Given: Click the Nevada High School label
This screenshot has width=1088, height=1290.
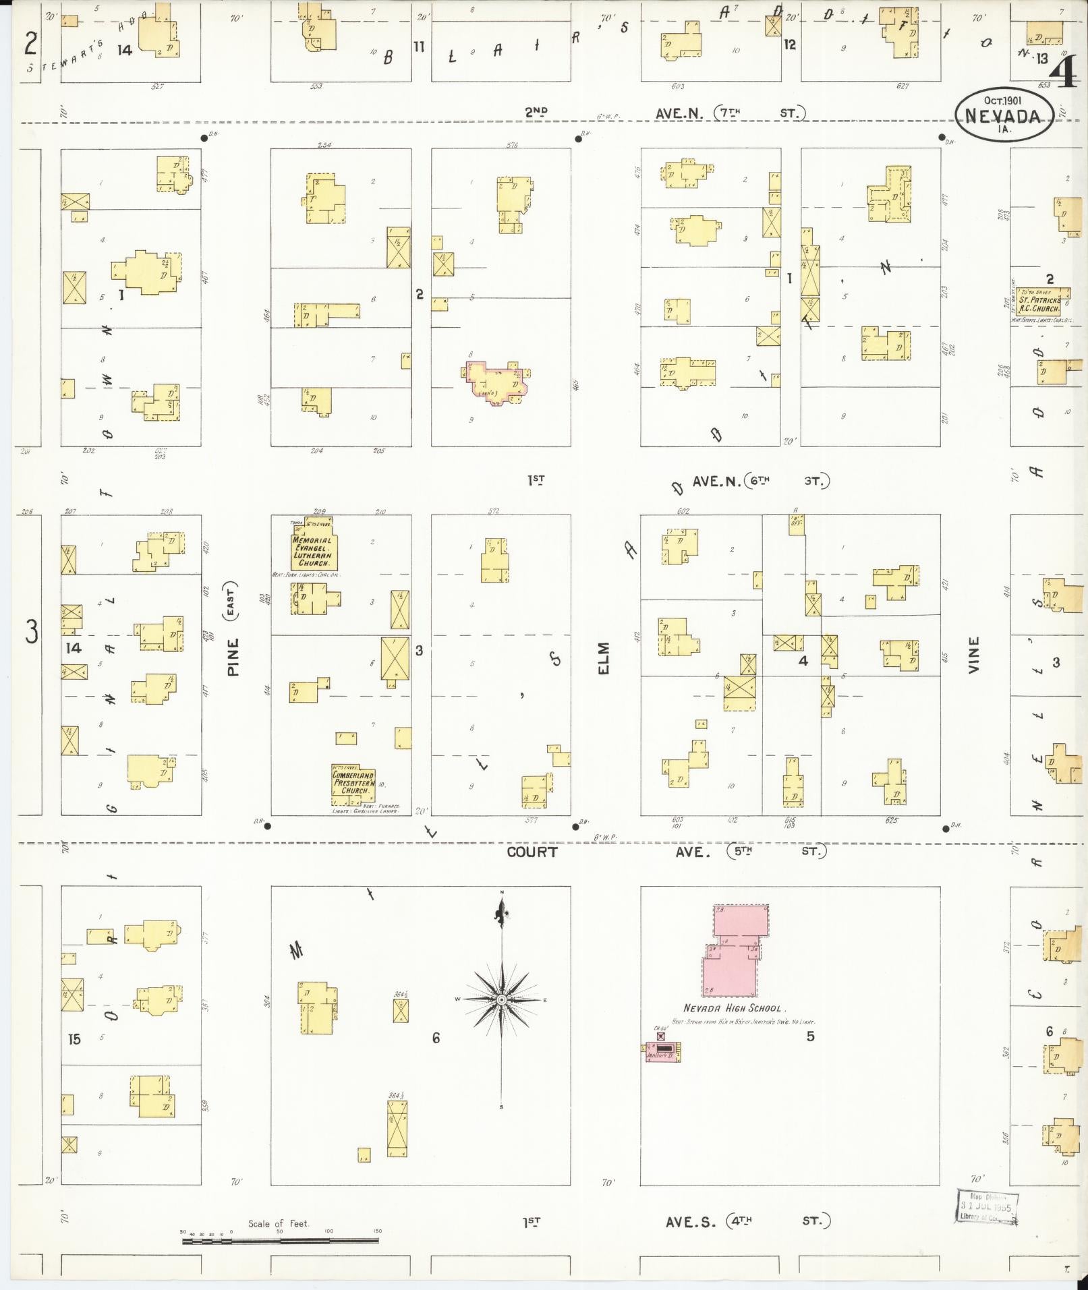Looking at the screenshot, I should pos(732,1008).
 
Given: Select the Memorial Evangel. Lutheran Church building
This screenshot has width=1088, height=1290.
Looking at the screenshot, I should pos(313,550).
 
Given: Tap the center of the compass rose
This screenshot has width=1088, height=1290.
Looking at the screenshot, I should pos(501,999).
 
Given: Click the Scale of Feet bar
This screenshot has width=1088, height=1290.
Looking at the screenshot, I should pos(280,1239).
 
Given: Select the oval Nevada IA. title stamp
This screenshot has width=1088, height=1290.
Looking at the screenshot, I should pos(1003,115).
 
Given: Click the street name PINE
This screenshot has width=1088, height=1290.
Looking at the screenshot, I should pos(233,657).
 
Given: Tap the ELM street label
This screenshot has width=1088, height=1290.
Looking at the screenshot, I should pos(602,657).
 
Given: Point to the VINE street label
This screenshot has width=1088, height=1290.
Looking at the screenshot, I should pos(973,654).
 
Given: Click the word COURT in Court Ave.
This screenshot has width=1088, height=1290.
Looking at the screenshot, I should pos(532,852).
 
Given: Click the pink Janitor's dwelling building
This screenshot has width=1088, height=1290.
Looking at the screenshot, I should pos(663,1051).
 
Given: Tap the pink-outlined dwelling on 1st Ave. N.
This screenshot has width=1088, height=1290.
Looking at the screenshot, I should pos(496,382).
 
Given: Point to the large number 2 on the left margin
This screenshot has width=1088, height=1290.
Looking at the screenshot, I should pos(30,44).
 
